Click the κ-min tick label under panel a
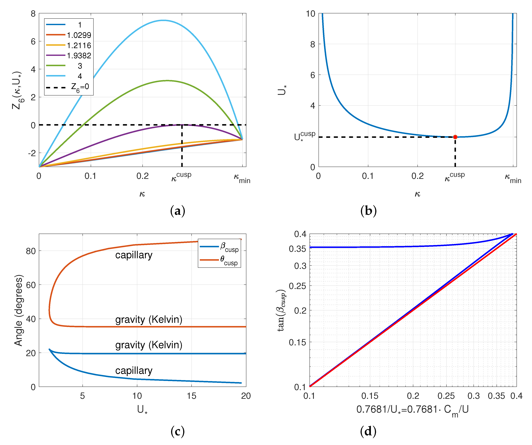242,178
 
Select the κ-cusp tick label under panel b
455,176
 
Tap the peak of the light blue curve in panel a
164,20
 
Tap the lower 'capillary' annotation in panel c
134,371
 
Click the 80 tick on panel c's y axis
31,251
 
